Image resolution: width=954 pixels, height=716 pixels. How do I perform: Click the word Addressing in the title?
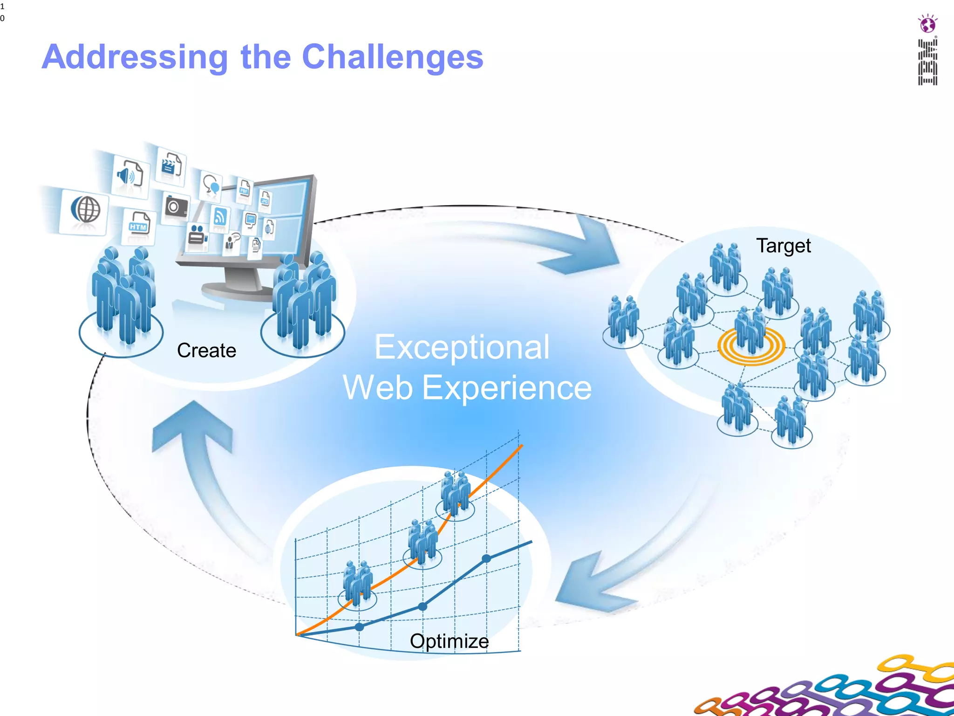[x=135, y=57]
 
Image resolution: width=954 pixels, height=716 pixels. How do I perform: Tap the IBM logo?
[x=927, y=62]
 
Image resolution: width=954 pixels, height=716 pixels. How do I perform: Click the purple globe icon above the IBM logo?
[x=927, y=24]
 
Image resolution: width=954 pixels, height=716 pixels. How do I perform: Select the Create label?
[x=206, y=351]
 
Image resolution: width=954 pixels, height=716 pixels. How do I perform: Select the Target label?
[x=783, y=246]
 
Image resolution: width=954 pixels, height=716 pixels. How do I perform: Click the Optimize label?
[x=449, y=641]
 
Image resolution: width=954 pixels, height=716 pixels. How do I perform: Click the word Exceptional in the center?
[x=462, y=347]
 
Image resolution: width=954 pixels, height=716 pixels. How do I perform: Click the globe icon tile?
[x=85, y=210]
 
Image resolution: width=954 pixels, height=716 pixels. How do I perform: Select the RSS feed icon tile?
[x=219, y=217]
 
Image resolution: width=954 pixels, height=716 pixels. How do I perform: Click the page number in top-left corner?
[x=2, y=12]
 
